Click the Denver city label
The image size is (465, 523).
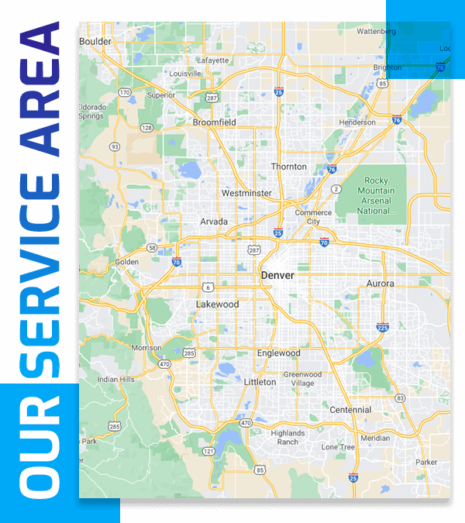(x=277, y=275)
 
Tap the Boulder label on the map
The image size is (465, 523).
(x=96, y=41)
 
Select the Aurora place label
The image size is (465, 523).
(x=380, y=284)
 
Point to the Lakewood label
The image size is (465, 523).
(x=217, y=305)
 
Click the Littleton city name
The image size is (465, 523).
(x=260, y=382)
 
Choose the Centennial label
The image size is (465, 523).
(x=350, y=409)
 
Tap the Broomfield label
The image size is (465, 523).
(x=214, y=122)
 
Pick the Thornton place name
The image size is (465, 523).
(x=288, y=167)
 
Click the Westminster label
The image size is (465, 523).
(x=246, y=193)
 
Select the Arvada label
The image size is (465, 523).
(x=214, y=222)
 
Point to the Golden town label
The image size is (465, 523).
(x=127, y=262)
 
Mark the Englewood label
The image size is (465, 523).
(x=278, y=353)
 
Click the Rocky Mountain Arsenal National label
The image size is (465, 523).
(x=376, y=195)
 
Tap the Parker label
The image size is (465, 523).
(x=426, y=462)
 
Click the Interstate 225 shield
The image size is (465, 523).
(x=382, y=328)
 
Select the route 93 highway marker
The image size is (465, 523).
(x=115, y=146)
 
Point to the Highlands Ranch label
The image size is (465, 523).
(x=288, y=437)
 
